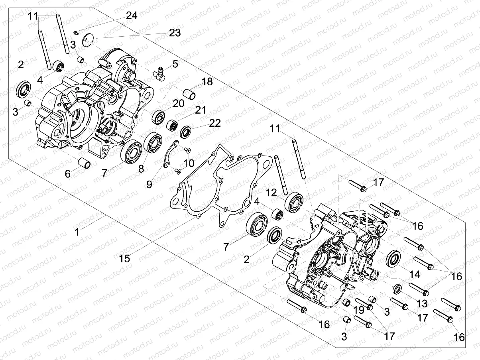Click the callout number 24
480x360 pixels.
(132, 16)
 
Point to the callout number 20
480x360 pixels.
(178, 104)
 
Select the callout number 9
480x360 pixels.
(149, 184)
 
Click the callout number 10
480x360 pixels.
(189, 163)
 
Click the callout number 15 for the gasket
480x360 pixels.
(125, 258)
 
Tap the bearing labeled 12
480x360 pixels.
(295, 201)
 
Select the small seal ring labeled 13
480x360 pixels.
(397, 289)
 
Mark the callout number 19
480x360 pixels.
(358, 309)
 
